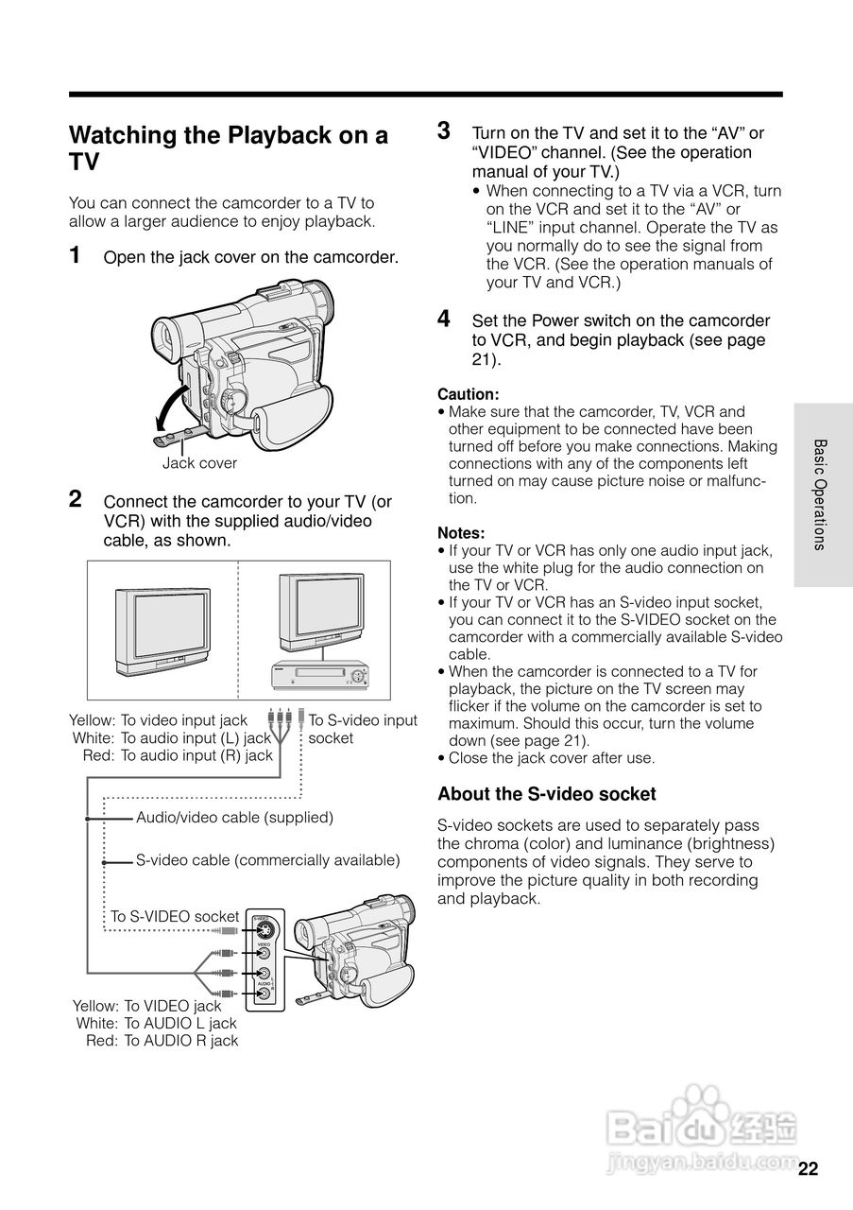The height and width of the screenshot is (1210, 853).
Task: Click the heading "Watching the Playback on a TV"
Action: click(229, 147)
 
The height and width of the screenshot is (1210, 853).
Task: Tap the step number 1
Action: click(75, 255)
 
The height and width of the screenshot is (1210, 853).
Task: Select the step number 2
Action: click(75, 498)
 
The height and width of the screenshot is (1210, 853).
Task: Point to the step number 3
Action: click(444, 130)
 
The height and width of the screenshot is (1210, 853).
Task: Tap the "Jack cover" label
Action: click(199, 463)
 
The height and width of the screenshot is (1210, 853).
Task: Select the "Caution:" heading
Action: click(468, 394)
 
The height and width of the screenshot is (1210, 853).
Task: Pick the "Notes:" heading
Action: click(461, 533)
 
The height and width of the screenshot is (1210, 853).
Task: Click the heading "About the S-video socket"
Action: click(546, 794)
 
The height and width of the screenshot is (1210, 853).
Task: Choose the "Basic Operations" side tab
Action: click(821, 494)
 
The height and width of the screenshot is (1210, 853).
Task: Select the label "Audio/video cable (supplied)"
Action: click(234, 817)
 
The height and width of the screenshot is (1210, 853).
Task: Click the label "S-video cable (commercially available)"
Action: click(267, 860)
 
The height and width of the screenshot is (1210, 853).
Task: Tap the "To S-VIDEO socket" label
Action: click(175, 917)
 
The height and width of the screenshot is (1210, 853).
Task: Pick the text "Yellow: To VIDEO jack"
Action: click(147, 1006)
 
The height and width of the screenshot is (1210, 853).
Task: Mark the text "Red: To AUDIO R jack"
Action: click(162, 1041)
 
